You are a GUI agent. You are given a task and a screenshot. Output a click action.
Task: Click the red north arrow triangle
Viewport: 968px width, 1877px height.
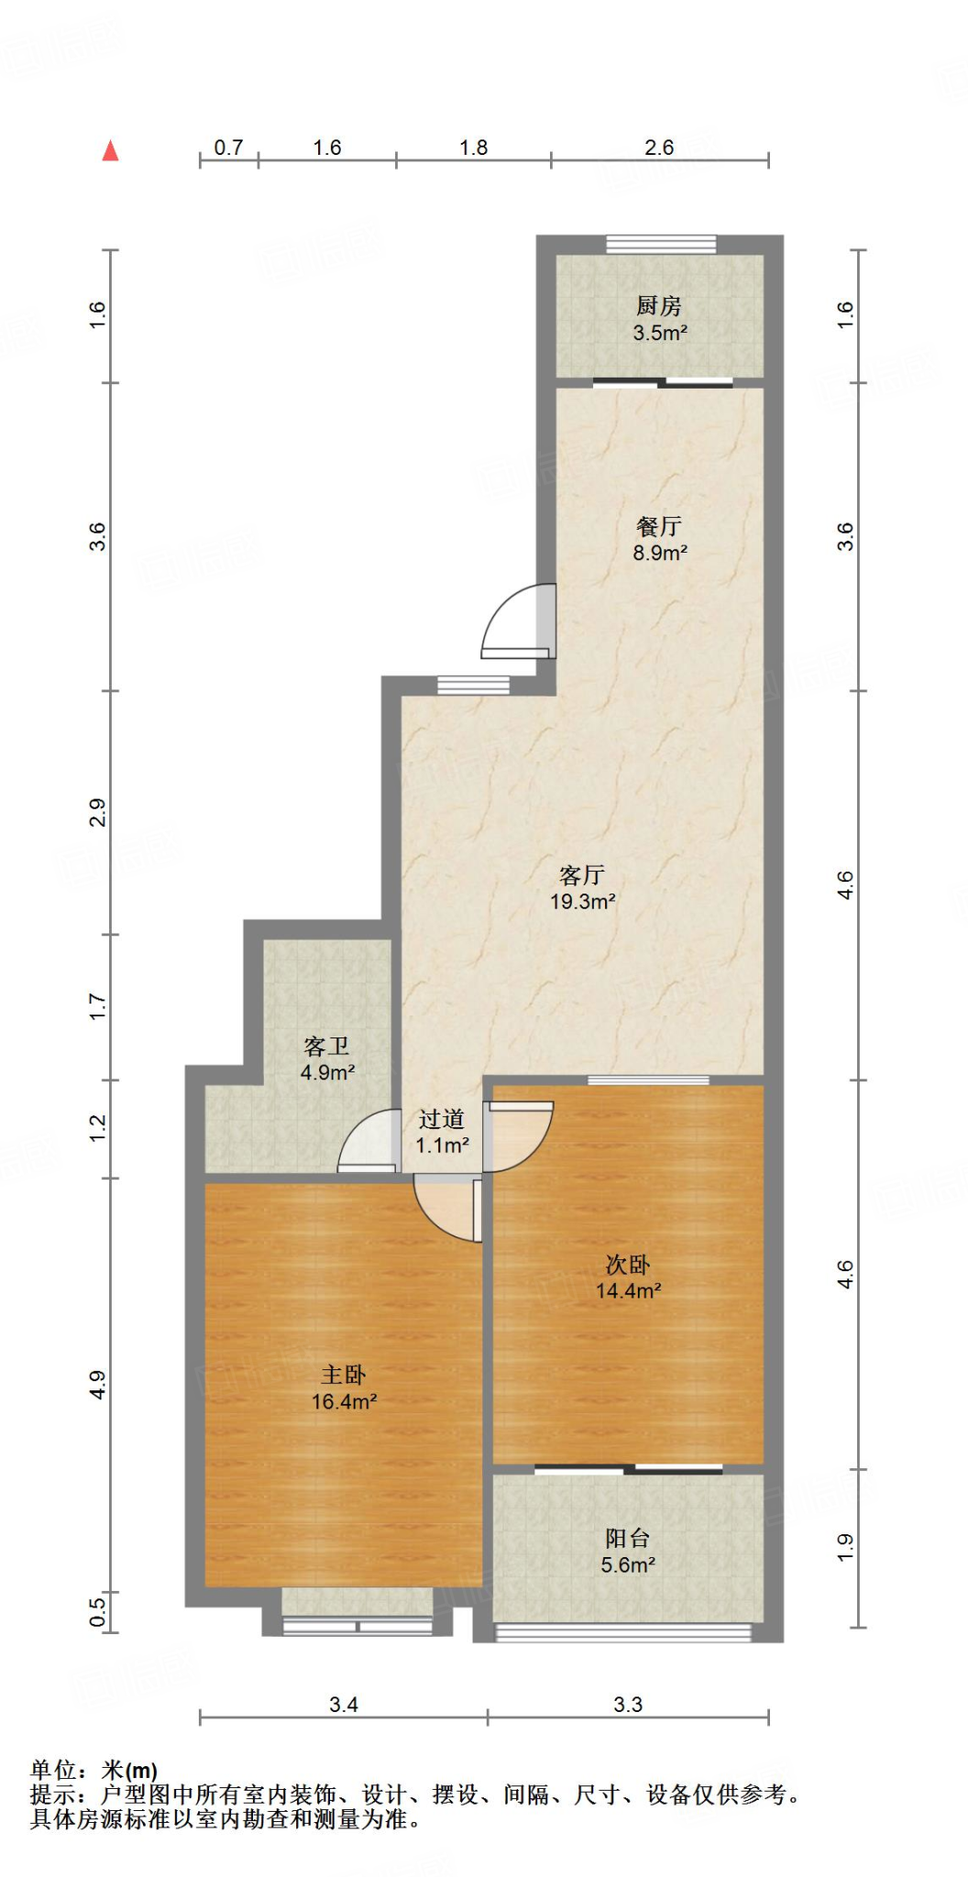coord(111,151)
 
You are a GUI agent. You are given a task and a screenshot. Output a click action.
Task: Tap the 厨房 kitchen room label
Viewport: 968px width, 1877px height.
coord(659,306)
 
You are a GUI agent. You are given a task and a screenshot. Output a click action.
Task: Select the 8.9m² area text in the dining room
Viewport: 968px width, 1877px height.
coord(660,553)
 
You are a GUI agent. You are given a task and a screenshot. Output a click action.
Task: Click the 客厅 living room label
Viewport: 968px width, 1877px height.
coord(582,875)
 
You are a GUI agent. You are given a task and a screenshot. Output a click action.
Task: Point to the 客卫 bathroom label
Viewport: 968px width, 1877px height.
coord(327,1047)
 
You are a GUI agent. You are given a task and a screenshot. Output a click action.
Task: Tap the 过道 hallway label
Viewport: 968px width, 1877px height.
coord(442,1119)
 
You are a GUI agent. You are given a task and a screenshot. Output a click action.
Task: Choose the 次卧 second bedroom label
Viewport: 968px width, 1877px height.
coord(628,1265)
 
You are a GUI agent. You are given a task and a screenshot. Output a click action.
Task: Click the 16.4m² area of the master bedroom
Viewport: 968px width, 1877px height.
coord(344,1401)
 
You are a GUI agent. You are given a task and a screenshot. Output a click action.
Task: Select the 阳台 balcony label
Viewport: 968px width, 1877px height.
coord(628,1539)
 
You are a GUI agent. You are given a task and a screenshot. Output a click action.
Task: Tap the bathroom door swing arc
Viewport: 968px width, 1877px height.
coord(368,1142)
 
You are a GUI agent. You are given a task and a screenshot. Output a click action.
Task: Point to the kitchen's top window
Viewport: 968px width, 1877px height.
coord(661,244)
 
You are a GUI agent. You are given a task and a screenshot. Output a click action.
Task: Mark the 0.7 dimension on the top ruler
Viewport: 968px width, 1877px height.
coord(228,148)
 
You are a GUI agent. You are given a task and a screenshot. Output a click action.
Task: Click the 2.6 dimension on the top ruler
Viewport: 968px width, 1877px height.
coord(659,148)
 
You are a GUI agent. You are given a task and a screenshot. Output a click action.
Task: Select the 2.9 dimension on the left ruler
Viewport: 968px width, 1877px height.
coord(97,813)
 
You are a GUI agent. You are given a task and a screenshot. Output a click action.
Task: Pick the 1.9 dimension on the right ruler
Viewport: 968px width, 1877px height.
coord(845,1548)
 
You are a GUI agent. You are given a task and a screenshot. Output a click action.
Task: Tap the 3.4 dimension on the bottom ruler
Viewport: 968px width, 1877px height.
coord(344,1705)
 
